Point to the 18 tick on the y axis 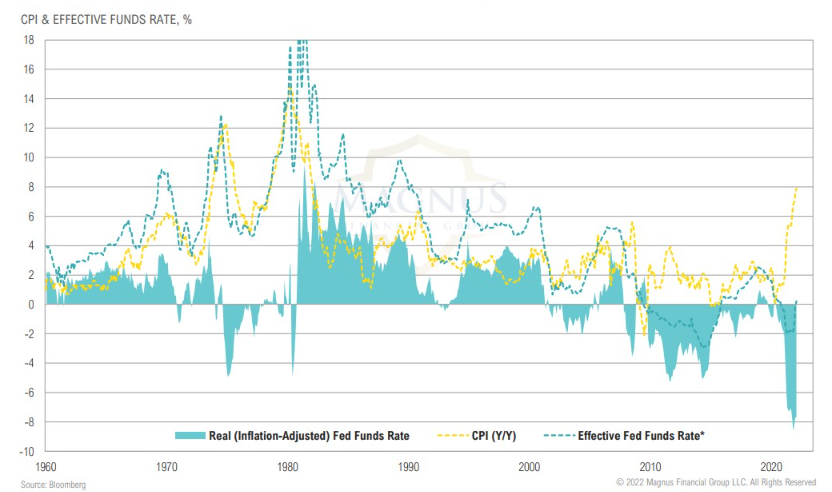pyautogui.click(x=30, y=40)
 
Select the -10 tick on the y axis pyautogui.click(x=28, y=451)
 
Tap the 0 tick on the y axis pyautogui.click(x=32, y=304)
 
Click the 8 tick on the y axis pyautogui.click(x=32, y=187)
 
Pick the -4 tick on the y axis pyautogui.click(x=30, y=363)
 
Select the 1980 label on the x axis pyautogui.click(x=288, y=466)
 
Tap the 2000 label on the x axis pyautogui.click(x=530, y=466)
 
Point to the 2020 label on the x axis pyautogui.click(x=771, y=466)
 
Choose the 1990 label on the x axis pyautogui.click(x=409, y=466)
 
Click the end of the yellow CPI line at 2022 pyautogui.click(x=797, y=187)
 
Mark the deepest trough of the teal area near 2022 pyautogui.click(x=794, y=428)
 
